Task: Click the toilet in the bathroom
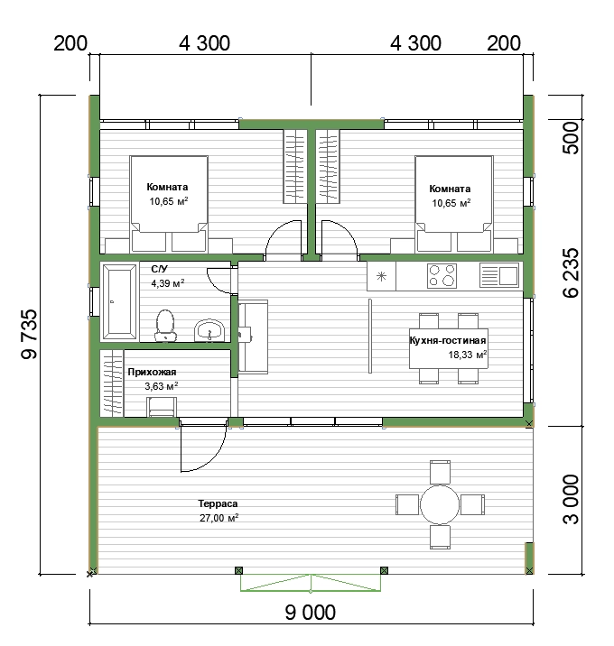tap(165, 326)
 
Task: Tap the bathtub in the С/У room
tap(119, 302)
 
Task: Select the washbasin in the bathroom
tap(209, 330)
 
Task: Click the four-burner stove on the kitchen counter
tap(442, 275)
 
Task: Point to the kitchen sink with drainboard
tap(499, 275)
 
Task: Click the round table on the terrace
tap(440, 504)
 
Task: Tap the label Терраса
tap(218, 503)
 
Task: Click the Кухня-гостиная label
tap(448, 340)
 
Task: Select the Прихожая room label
tap(152, 372)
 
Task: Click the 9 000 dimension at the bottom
tap(310, 613)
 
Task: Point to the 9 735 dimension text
tap(29, 334)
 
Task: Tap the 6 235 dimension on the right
tap(571, 272)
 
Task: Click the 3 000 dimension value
tap(571, 499)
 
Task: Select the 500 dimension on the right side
tap(571, 138)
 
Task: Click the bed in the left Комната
tap(169, 204)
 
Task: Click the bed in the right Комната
tap(454, 204)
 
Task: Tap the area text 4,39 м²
tap(167, 283)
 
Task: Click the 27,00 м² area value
tap(219, 518)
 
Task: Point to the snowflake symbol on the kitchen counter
tap(381, 276)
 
